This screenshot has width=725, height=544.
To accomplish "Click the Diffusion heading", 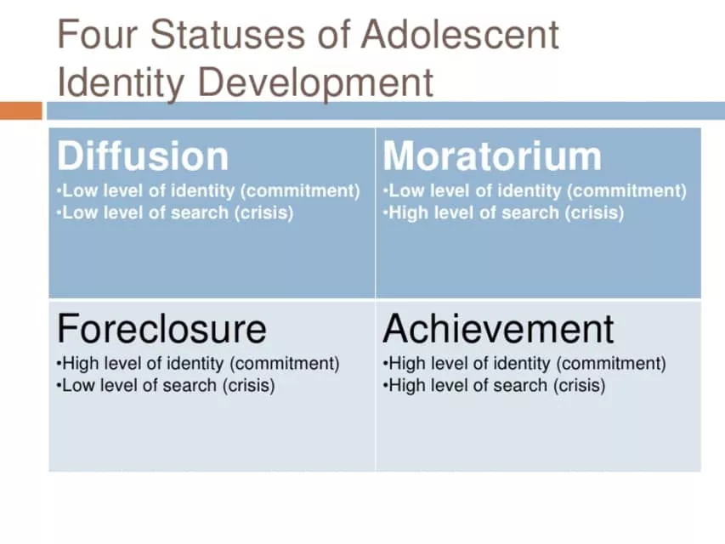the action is [143, 156].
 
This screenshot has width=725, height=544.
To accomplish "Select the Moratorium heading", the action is [492, 156].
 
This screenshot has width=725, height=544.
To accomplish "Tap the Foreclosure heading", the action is [161, 328].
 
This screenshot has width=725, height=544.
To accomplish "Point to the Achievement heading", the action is [498, 328].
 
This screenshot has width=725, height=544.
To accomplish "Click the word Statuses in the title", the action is [228, 34].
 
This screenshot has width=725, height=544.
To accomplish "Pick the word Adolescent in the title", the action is [460, 34].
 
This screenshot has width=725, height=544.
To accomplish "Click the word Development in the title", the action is [315, 82].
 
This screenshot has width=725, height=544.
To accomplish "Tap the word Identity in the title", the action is [121, 82].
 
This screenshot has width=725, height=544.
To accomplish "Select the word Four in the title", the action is [97, 34].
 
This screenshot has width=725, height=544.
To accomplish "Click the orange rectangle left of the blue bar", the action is [20, 110].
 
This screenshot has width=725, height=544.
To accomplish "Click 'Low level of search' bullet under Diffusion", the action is [175, 212].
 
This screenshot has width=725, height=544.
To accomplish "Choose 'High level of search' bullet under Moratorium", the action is [503, 212].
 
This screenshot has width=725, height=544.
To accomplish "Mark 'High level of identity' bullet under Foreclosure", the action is [198, 364].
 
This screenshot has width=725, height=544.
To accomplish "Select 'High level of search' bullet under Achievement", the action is [494, 385].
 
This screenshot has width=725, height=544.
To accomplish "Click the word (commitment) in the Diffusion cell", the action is [300, 191].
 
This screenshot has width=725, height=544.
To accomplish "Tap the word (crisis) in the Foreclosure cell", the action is [249, 385].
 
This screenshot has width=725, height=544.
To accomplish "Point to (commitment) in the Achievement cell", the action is [611, 364].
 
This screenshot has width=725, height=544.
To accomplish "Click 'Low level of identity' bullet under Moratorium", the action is [535, 191].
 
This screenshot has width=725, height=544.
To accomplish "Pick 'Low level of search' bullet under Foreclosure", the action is [166, 385].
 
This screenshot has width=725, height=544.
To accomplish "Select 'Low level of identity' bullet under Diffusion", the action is [208, 191].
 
